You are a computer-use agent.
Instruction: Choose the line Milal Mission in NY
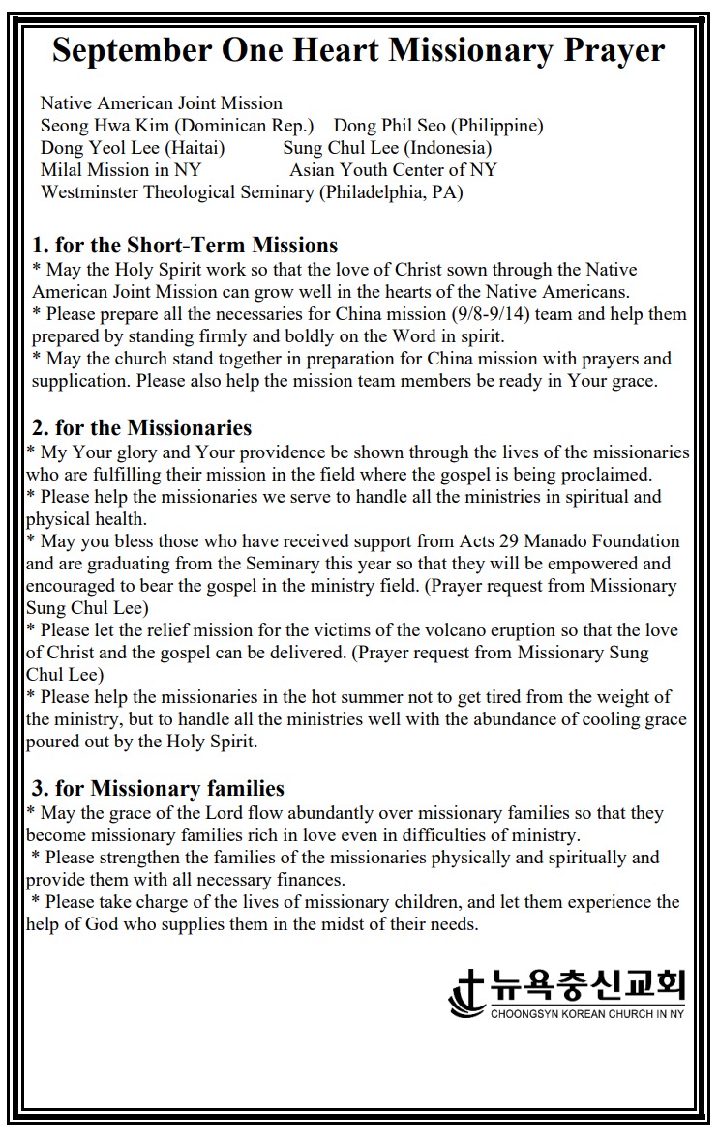[121, 170]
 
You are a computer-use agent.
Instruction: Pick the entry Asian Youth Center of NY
[393, 170]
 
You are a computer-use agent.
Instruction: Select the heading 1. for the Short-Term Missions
[185, 245]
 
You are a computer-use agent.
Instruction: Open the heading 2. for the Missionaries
[141, 427]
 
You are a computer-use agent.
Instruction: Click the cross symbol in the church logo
[467, 990]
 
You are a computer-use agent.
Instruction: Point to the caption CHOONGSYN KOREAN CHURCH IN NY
[587, 1014]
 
